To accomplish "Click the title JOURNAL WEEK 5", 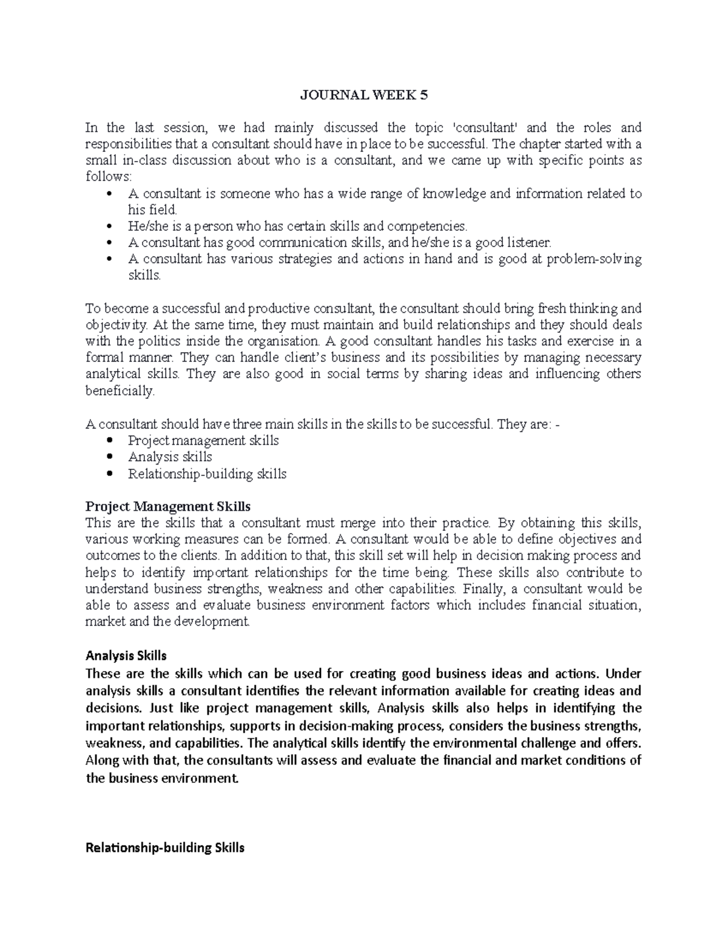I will [x=364, y=95].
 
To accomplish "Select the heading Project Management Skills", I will [x=168, y=506].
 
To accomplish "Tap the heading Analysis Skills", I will [x=126, y=656].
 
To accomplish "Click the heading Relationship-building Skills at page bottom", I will [x=165, y=848].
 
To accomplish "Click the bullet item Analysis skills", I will [x=170, y=457].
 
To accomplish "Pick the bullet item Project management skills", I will [x=203, y=440].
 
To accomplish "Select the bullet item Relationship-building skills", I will [x=207, y=474].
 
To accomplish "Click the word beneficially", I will [x=120, y=391].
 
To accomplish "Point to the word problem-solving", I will [x=594, y=259].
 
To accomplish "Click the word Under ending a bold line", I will [x=623, y=673].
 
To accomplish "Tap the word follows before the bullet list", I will [x=107, y=177].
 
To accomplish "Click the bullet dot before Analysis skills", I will [x=109, y=457].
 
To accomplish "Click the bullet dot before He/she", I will [x=109, y=226].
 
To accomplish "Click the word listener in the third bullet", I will [x=528, y=243].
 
